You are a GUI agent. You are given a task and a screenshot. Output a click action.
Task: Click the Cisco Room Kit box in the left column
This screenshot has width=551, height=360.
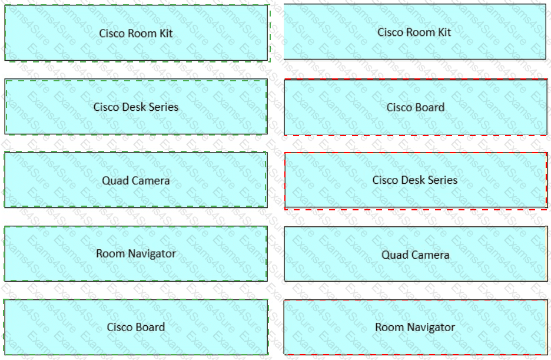click(136, 33)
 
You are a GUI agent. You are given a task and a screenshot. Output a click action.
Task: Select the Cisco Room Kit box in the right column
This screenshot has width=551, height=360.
click(414, 32)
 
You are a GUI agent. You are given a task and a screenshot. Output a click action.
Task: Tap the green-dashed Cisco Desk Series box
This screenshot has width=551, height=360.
click(136, 107)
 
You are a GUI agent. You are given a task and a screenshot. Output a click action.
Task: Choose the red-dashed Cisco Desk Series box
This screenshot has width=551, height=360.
click(415, 180)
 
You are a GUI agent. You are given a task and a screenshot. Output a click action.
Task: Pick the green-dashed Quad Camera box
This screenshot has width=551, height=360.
click(136, 180)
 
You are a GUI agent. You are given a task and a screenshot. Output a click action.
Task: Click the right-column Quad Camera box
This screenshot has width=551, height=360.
click(415, 255)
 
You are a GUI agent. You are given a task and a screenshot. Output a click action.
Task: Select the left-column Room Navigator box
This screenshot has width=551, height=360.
click(136, 253)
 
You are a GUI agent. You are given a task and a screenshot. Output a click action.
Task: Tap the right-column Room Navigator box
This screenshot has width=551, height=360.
click(415, 327)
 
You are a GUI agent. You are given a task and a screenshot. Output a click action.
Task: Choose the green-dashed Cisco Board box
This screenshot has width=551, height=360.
click(136, 327)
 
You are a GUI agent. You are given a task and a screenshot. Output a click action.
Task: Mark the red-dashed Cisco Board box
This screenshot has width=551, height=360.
click(415, 107)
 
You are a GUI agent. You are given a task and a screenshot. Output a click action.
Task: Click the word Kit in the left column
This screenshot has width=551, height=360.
click(165, 33)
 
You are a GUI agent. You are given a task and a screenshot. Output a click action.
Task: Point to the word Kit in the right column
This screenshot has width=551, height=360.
click(444, 32)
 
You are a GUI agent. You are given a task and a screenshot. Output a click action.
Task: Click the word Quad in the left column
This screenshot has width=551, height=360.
click(114, 181)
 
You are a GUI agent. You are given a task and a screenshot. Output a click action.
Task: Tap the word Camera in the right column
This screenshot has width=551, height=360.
click(429, 255)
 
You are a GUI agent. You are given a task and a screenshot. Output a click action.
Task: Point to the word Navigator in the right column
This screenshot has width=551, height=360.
click(430, 327)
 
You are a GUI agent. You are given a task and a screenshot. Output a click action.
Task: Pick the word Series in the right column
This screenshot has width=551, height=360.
click(442, 180)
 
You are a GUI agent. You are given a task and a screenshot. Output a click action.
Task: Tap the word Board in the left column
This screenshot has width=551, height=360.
click(150, 327)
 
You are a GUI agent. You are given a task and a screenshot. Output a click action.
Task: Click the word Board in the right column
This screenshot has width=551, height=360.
click(429, 107)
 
